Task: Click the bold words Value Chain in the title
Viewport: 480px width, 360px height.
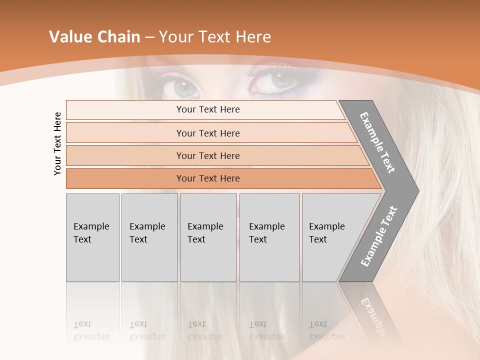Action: [94, 37]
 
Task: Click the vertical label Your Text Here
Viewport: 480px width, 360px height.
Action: [57, 143]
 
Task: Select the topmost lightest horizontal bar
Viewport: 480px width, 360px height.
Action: [205, 109]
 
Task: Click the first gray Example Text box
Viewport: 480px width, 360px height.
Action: [92, 237]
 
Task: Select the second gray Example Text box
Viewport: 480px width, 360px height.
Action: [149, 237]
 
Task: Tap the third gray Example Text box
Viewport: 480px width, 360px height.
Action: [208, 237]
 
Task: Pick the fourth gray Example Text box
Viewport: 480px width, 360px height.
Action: [269, 237]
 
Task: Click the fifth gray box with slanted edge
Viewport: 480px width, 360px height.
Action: [330, 237]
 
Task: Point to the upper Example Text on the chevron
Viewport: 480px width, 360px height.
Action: [377, 142]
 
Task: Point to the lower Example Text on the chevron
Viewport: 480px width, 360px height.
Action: [378, 236]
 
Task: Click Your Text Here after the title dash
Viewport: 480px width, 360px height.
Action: [215, 37]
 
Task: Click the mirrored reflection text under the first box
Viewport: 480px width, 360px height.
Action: [91, 330]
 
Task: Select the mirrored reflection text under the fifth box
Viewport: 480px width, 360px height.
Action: [326, 330]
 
